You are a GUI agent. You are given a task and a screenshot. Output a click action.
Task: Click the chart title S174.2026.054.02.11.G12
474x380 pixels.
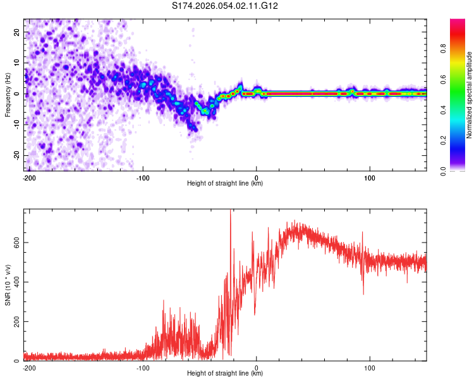pos(226,6)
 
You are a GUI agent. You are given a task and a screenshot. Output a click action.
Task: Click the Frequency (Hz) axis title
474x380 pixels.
pos(8,94)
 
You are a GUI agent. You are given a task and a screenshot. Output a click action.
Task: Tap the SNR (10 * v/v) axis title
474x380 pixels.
pos(8,284)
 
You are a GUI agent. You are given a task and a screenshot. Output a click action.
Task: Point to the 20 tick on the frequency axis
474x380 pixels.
pos(17,32)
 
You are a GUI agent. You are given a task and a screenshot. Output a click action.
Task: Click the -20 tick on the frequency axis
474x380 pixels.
pos(16,155)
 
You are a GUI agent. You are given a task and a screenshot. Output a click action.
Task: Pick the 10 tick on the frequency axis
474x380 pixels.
pos(17,63)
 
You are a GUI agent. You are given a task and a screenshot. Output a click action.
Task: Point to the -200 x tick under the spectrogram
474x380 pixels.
pos(28,177)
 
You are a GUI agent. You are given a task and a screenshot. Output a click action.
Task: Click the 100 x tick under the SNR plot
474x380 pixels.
pos(370,367)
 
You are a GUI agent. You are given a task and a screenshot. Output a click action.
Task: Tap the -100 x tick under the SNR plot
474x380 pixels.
pos(143,367)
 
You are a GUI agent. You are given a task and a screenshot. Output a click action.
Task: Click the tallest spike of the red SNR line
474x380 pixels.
pos(230,212)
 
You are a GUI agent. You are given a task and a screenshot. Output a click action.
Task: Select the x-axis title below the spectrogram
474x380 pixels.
pos(225,184)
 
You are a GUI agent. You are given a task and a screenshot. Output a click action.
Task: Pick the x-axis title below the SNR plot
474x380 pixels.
pos(225,374)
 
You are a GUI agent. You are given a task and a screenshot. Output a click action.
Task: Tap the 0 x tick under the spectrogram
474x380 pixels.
pos(256,177)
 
